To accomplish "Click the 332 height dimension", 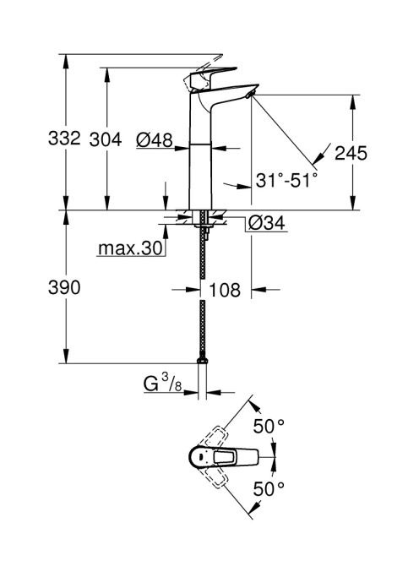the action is click(x=64, y=138).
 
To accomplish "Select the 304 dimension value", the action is click(x=106, y=139).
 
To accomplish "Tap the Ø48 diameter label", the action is click(x=155, y=139).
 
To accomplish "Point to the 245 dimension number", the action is click(x=351, y=153).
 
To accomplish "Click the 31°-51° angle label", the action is click(x=286, y=180).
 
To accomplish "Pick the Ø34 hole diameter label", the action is click(x=267, y=223).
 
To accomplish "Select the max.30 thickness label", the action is click(x=130, y=248).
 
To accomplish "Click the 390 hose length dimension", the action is click(x=64, y=287).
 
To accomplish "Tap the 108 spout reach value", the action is click(x=225, y=290).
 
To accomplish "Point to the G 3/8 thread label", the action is click(x=163, y=384).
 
